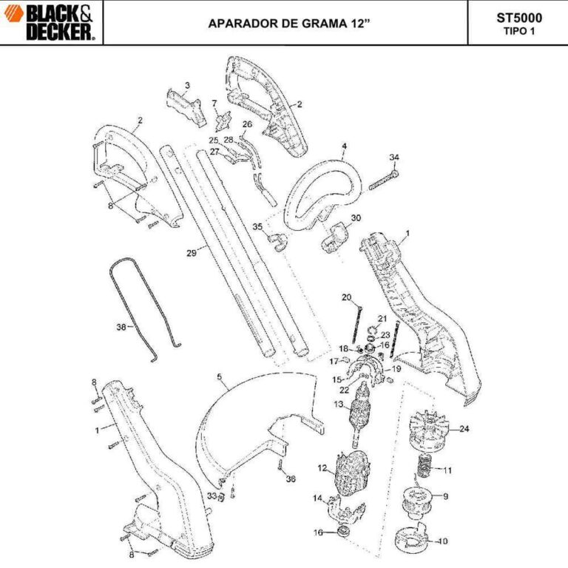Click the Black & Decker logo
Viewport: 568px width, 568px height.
(x=51, y=21)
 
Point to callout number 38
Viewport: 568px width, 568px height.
(x=121, y=326)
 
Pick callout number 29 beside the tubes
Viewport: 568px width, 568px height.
(x=191, y=253)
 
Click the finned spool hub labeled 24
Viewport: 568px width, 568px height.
(x=428, y=433)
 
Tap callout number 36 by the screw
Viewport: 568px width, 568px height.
(x=291, y=479)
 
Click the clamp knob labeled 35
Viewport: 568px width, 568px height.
(x=278, y=239)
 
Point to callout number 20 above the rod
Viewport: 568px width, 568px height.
(x=346, y=297)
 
